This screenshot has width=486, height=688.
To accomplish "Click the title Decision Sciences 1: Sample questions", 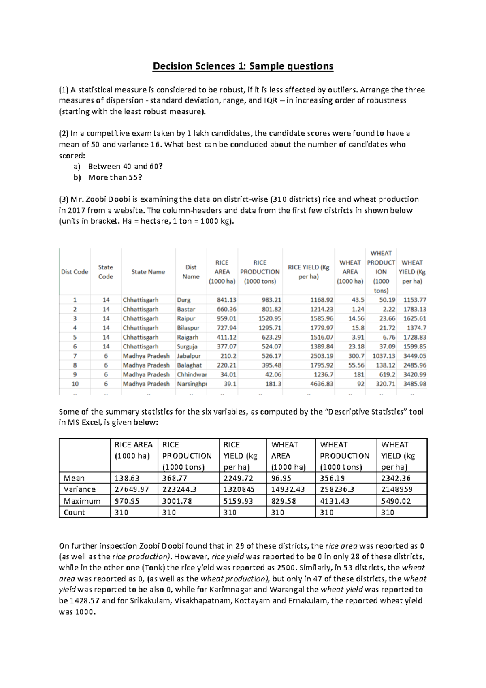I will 243,66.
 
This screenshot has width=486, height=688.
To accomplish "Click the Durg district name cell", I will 184,300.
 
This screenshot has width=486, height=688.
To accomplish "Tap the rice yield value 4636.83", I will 322,384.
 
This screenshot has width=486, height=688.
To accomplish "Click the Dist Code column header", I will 75,272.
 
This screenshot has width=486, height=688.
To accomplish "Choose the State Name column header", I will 148,272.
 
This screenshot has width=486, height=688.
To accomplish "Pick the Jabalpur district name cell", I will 189,356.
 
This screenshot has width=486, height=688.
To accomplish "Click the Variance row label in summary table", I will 80,489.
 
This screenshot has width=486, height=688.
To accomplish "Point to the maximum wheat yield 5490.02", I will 396,501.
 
